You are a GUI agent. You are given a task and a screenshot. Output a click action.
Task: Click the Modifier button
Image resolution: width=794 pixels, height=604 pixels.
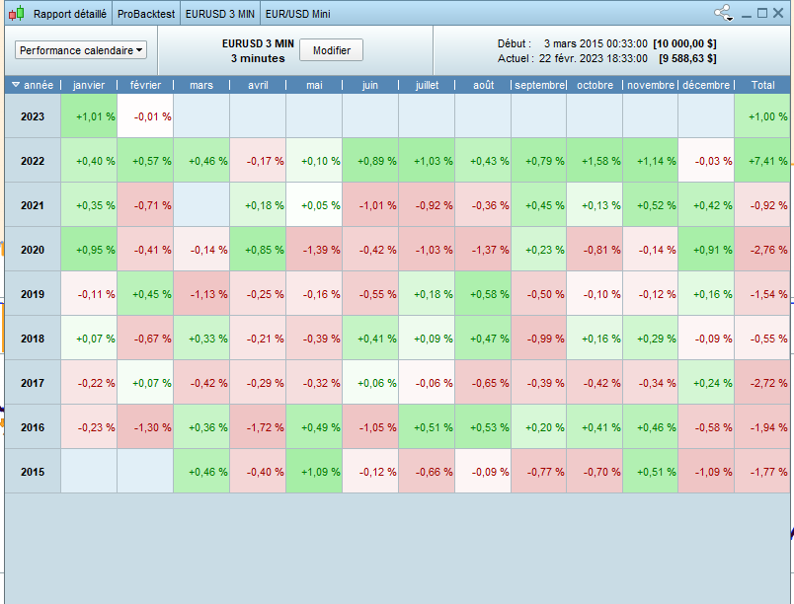(x=331, y=50)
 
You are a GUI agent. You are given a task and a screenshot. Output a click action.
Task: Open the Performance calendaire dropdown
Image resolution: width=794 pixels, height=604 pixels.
(x=81, y=50)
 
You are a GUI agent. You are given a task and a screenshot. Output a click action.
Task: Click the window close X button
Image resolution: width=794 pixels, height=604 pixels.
(x=777, y=14)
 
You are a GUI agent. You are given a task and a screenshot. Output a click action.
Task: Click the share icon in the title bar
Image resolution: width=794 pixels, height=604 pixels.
(x=723, y=14)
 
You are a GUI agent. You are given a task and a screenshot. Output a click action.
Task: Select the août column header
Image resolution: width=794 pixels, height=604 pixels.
(x=483, y=85)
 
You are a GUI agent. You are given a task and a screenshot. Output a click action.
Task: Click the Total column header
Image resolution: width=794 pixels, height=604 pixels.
(x=762, y=85)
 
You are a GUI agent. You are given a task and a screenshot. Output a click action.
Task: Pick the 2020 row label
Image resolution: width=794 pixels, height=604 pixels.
(x=33, y=250)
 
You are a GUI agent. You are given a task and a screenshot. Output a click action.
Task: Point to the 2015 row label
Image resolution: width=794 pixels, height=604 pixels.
(x=33, y=472)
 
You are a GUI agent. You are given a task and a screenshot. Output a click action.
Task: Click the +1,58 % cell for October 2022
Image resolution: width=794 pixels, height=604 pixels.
(x=595, y=161)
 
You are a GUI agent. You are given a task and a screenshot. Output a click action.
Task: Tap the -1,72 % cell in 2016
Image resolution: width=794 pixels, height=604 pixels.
(x=258, y=427)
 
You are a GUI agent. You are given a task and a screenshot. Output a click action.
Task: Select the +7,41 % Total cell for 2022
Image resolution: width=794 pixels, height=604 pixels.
(x=762, y=161)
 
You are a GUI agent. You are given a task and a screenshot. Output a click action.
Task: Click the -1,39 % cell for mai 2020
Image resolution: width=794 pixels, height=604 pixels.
(x=314, y=250)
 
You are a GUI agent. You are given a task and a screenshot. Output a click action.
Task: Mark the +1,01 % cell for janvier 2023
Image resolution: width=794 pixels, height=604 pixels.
(x=89, y=116)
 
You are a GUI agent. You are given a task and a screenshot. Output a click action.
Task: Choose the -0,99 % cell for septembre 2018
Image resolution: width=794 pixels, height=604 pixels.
(x=538, y=339)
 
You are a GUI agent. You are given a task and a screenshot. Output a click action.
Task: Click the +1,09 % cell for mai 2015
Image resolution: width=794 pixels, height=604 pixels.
(x=314, y=472)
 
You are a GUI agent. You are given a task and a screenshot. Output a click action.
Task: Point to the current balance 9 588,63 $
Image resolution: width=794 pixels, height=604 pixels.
(x=688, y=58)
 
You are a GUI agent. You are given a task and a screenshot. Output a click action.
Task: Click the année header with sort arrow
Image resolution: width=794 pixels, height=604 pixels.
(x=33, y=85)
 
